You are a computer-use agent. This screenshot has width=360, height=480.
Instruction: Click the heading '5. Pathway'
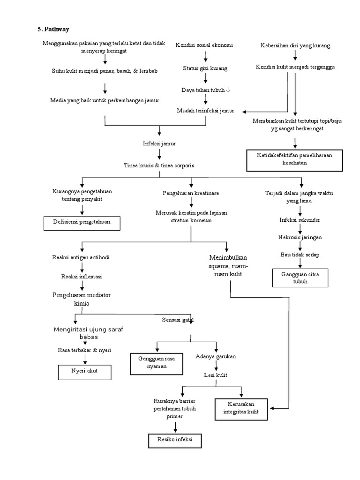point(53,29)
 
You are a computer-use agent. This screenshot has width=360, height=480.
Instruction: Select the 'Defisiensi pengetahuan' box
point(82,223)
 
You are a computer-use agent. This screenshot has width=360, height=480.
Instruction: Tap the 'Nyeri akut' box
point(84,372)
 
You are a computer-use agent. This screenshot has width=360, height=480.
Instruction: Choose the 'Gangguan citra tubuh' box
point(300,277)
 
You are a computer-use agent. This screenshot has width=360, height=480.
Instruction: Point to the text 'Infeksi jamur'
point(159,143)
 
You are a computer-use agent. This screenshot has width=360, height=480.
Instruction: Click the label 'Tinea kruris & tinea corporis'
point(159,165)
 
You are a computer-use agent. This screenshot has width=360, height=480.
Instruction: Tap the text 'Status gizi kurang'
point(205,68)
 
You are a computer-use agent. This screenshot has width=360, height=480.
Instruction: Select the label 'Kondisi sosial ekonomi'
point(204,45)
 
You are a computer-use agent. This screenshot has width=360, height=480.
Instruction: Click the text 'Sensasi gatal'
point(178,320)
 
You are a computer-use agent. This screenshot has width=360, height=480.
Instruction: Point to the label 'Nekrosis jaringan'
point(300,237)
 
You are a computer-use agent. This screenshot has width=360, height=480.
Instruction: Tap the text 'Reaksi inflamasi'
point(82,276)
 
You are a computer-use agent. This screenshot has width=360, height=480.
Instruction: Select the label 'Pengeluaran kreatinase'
point(190,193)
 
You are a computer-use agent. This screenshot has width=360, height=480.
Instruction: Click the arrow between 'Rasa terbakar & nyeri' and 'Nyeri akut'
point(85,359)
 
